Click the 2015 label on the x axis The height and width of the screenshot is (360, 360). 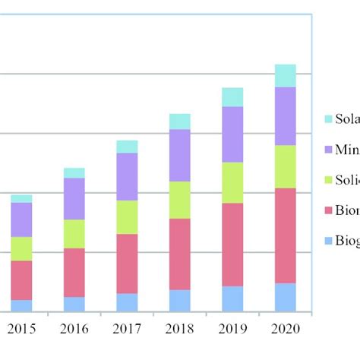(21, 329)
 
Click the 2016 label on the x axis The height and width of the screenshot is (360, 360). (74, 329)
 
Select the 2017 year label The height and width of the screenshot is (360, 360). (127, 329)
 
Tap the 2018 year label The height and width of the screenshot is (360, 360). (180, 329)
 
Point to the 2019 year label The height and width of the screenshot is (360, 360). (232, 329)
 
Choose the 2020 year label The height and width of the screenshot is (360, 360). (286, 329)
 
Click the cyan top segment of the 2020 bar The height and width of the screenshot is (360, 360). (285, 76)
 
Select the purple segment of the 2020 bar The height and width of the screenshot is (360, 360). (285, 115)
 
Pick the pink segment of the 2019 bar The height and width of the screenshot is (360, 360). (232, 245)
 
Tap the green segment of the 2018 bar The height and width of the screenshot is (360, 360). (180, 200)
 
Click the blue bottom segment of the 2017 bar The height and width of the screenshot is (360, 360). (127, 302)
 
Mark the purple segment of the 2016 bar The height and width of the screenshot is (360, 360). (74, 199)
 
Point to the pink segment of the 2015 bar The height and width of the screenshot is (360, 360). (21, 280)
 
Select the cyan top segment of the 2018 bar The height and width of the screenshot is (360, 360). (180, 122)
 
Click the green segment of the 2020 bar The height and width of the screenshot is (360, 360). (285, 166)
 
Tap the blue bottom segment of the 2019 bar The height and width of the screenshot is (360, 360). (232, 298)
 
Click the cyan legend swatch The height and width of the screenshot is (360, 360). (328, 119)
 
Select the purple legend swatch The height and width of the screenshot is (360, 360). (328, 150)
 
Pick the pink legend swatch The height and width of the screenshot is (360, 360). (328, 210)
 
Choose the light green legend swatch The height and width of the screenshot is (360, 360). (328, 180)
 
